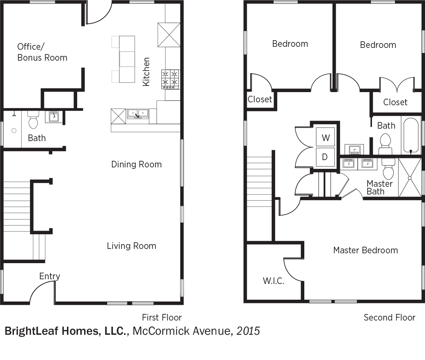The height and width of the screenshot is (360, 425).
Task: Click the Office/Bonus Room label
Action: pos(42,52)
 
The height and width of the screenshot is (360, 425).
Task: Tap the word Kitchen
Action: pos(146,72)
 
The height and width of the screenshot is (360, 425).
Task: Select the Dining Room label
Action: pos(136,164)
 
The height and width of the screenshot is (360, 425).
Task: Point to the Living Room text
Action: pos(131,246)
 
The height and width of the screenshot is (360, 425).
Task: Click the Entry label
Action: pos(50,276)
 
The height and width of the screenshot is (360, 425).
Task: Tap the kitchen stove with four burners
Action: pos(170,79)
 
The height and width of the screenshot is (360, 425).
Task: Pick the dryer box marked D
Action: pos(325,157)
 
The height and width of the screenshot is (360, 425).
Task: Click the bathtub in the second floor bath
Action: pos(411,136)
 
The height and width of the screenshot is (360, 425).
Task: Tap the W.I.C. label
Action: pos(274,281)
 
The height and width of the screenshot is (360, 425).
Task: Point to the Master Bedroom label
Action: pos(366,250)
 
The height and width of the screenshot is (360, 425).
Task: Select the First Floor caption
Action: pos(162,317)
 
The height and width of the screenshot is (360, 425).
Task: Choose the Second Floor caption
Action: pos(390,317)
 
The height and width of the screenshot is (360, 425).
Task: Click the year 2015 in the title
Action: pos(248,331)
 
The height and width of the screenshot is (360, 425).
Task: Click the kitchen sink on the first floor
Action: pos(138,114)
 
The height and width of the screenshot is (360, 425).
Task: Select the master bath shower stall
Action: pos(410,178)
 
